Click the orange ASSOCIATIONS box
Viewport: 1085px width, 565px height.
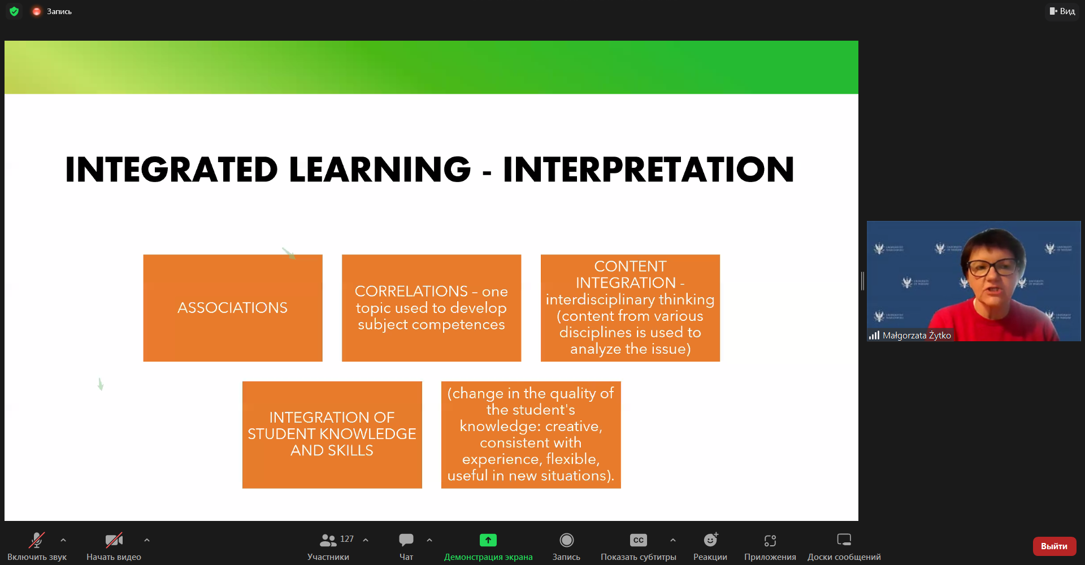point(233,308)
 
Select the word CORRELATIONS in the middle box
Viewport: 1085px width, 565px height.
point(411,291)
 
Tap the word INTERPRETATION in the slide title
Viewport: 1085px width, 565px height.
point(649,169)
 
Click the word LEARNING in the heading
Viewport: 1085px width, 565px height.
point(380,169)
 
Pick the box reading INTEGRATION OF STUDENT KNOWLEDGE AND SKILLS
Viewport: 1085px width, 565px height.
point(332,435)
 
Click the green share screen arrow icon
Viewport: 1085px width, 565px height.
point(488,540)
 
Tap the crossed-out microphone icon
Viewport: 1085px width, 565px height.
point(37,540)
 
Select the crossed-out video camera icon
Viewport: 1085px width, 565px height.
point(114,540)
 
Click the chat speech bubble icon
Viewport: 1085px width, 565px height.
point(406,540)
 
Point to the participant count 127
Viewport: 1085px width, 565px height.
point(347,539)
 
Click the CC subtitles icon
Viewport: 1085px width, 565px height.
point(639,540)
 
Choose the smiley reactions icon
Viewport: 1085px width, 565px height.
point(710,540)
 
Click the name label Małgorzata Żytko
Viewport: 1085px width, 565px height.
point(917,336)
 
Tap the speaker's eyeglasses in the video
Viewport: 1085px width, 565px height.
point(993,266)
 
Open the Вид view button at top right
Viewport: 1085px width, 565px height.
point(1062,11)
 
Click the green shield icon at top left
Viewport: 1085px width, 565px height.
point(14,11)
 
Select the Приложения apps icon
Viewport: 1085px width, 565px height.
point(770,541)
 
